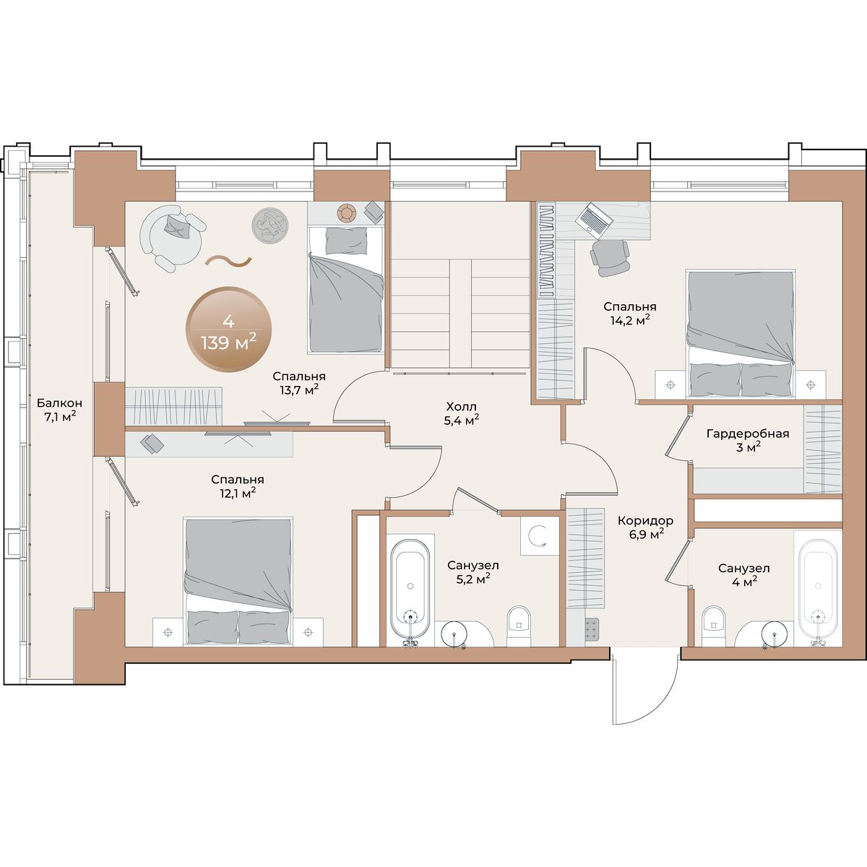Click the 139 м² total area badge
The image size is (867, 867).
(229, 329)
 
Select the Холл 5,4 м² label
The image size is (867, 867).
(462, 413)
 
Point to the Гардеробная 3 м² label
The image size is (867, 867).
(748, 440)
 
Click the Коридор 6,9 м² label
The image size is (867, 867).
(645, 527)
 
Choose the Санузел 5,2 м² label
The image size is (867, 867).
(473, 571)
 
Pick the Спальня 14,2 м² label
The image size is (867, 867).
(630, 313)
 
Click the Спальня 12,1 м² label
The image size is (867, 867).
(238, 486)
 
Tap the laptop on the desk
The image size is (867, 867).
(594, 219)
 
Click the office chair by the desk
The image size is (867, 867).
(609, 258)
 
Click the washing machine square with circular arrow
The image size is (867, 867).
(539, 535)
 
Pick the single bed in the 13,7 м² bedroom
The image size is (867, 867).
(346, 289)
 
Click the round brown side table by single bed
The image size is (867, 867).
(347, 212)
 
